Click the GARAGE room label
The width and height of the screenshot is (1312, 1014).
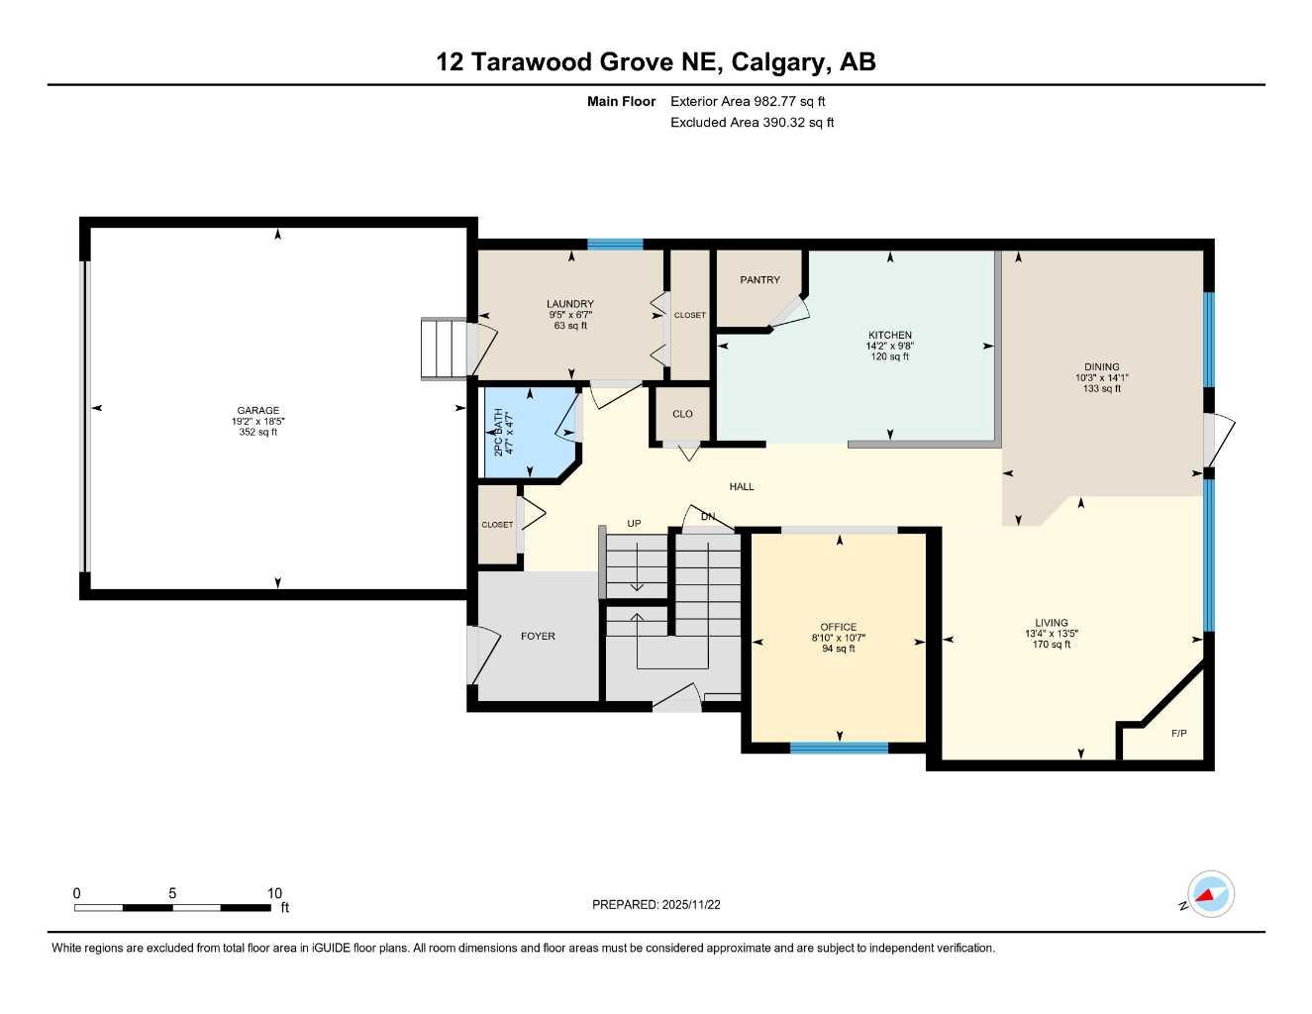[x=257, y=410]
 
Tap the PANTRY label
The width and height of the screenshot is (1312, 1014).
[x=759, y=280]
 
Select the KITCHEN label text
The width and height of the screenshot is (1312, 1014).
[x=889, y=336]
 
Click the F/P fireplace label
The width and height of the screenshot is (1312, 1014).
[x=1178, y=734]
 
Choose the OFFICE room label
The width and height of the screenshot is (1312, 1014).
[x=838, y=627]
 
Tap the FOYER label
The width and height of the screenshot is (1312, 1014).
[x=538, y=636]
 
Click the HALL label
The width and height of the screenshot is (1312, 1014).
[x=741, y=486]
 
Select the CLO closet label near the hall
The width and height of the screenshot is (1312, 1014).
[x=682, y=414]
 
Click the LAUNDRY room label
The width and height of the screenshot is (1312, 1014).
[x=570, y=304]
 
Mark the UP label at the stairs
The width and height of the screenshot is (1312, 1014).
[x=634, y=524]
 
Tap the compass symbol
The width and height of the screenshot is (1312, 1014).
[x=1210, y=895]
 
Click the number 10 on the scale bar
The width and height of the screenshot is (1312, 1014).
[x=274, y=893]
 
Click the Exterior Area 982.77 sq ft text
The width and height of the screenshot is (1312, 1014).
[x=748, y=101]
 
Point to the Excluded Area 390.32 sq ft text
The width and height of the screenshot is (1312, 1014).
[x=752, y=123]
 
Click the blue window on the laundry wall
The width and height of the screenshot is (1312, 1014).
[x=615, y=245]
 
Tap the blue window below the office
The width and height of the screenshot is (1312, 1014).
[x=839, y=748]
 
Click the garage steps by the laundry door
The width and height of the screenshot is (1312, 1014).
[x=443, y=349]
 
